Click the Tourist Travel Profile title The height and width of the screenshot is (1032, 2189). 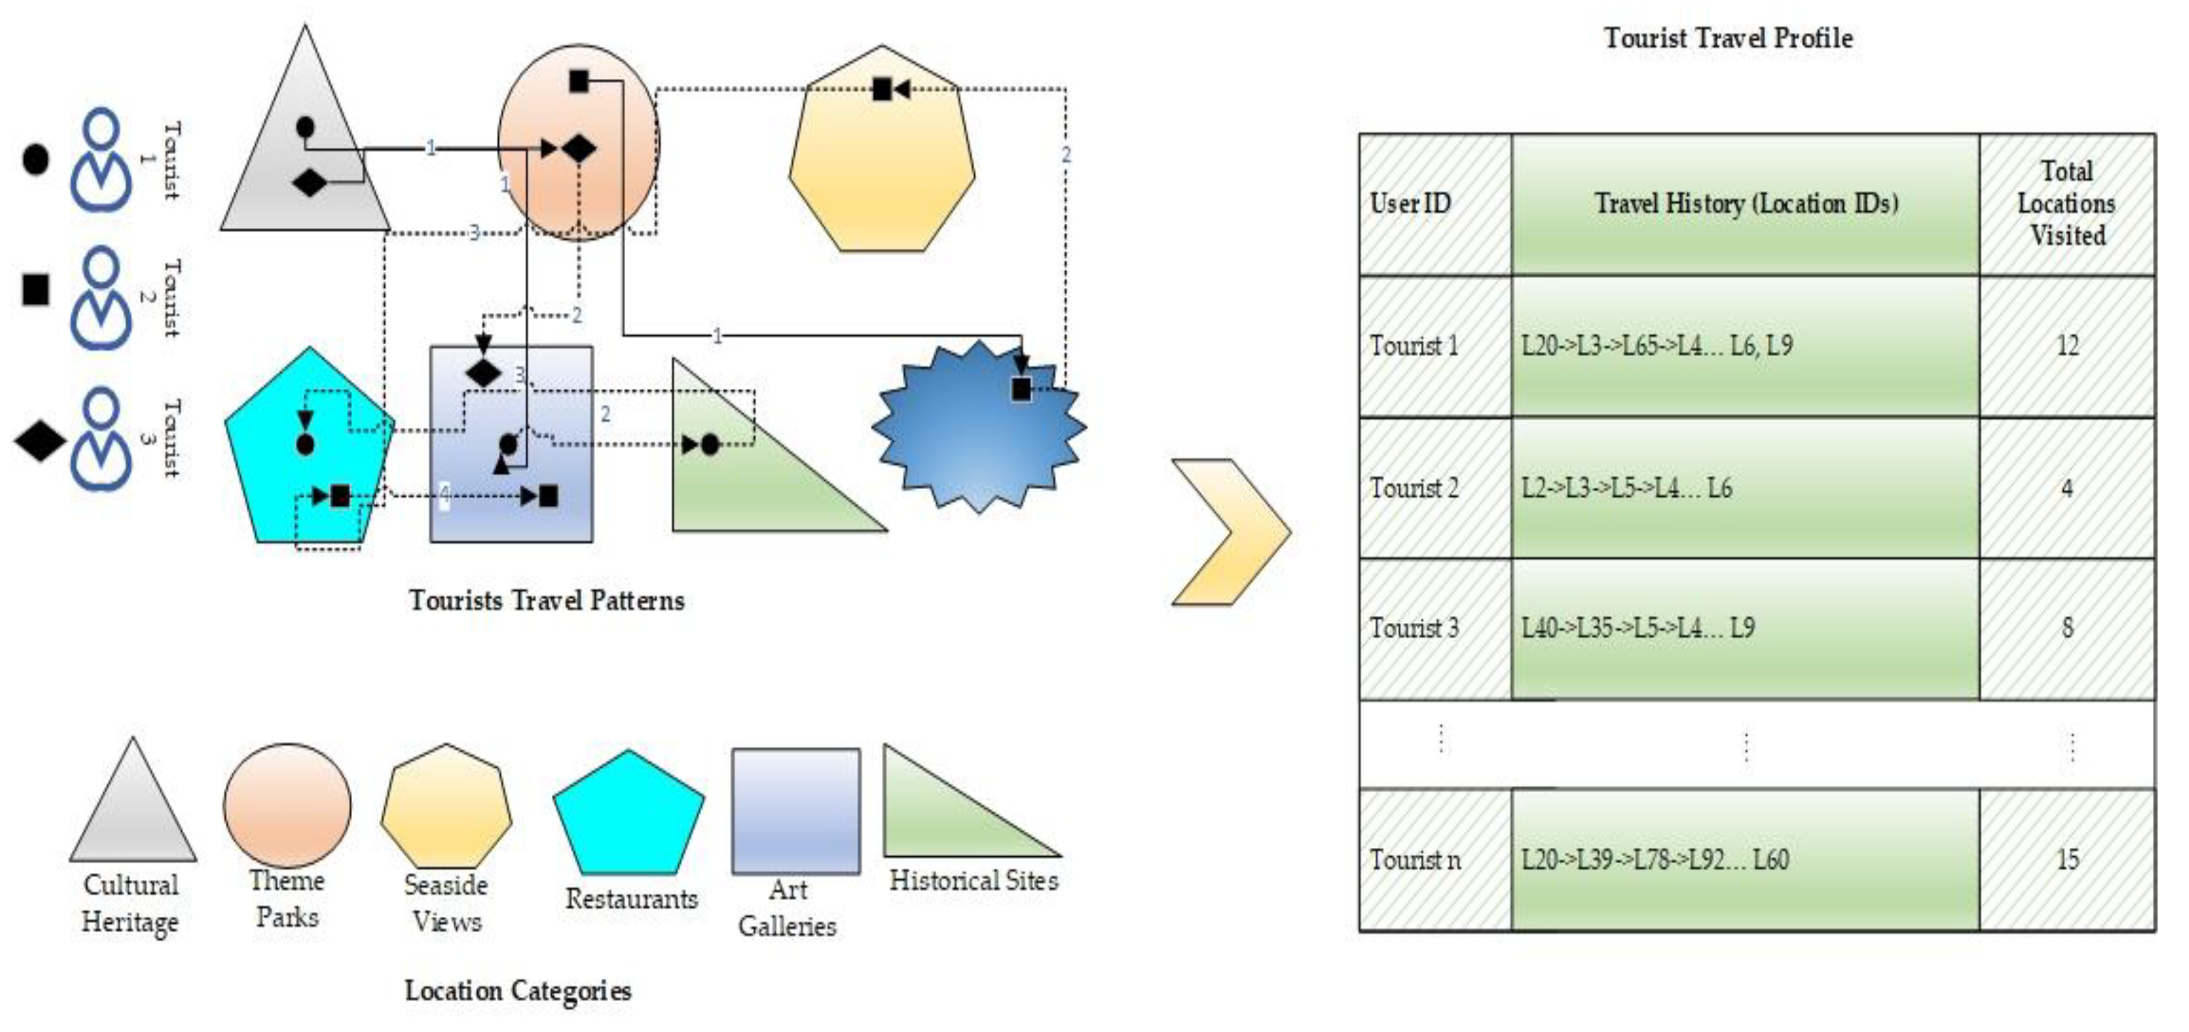[x=1728, y=38]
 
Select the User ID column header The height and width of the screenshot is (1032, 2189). [x=1411, y=204]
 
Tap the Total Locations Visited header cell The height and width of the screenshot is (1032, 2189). [x=2067, y=204]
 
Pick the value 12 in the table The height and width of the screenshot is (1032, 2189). [x=2067, y=346]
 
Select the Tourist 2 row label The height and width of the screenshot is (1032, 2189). [x=1414, y=487]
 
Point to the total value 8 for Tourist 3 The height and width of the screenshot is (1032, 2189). [x=2067, y=628]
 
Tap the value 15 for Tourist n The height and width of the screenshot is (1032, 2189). [x=2067, y=859]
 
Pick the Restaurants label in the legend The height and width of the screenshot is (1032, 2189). [x=631, y=899]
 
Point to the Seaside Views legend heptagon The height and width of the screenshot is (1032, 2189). [x=446, y=807]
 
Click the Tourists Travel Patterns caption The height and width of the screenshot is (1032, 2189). [x=546, y=601]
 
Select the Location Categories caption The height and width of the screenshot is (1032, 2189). [x=517, y=990]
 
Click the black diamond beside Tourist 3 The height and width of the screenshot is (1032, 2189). [x=39, y=439]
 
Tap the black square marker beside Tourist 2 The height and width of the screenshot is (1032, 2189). [x=36, y=290]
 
